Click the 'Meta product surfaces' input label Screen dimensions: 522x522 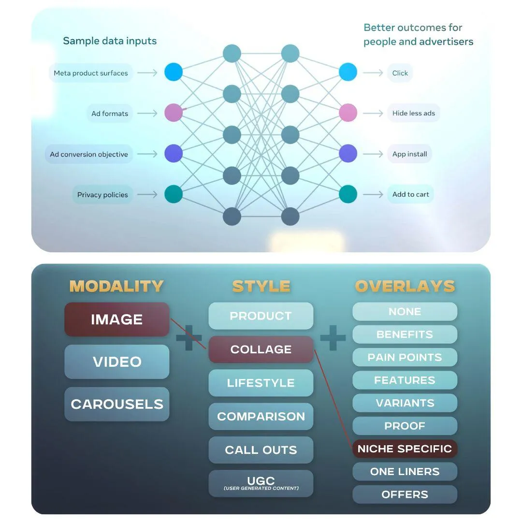pos(90,73)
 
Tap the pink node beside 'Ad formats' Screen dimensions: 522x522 pos(174,113)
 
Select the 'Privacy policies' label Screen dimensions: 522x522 pos(102,195)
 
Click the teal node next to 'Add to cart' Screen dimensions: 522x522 pos(348,194)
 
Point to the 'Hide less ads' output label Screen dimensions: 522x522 pos(413,113)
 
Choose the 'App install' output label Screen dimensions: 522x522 pos(409,154)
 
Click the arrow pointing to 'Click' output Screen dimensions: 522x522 pos(373,72)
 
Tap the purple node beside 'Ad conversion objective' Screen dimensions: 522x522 pos(174,154)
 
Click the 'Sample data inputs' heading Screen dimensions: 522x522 pos(110,41)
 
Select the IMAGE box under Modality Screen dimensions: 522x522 pos(117,319)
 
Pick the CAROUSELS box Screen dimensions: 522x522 pos(117,404)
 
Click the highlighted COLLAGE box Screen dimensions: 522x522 pos(261,349)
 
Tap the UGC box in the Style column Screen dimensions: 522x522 pos(261,483)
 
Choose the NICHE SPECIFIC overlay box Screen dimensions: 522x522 pos(405,449)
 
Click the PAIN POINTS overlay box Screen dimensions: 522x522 pos(405,357)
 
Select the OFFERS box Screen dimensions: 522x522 pos(405,494)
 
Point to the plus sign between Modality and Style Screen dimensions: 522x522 pos(189,338)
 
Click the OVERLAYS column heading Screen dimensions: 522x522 pos(405,286)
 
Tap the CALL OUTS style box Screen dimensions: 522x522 pos(261,450)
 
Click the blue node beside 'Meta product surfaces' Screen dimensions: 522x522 pos(174,72)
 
